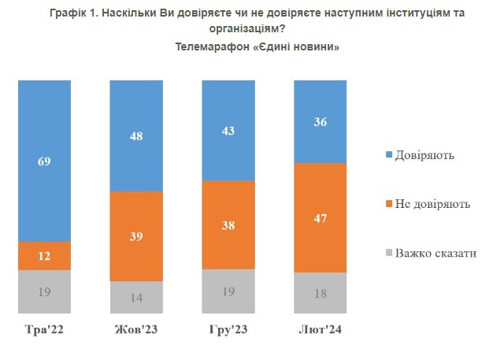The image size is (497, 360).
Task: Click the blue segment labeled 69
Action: (x=44, y=161)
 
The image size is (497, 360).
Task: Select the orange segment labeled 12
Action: (x=44, y=256)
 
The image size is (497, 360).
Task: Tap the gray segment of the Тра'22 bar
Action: (x=44, y=291)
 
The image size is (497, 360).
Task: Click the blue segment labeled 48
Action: (x=135, y=135)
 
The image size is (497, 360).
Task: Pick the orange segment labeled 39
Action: (x=135, y=236)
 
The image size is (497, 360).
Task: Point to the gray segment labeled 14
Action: (x=135, y=297)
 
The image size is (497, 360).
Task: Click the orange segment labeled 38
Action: (x=228, y=225)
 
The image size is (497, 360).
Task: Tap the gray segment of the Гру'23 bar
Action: (x=228, y=291)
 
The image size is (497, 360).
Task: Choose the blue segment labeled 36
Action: (x=320, y=121)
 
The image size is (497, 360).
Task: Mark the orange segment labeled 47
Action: (x=320, y=217)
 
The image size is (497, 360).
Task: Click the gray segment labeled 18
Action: (x=320, y=293)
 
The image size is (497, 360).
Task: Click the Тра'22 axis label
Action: (x=44, y=328)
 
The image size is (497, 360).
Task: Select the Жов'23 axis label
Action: (x=135, y=328)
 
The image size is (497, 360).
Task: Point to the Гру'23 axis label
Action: (x=228, y=328)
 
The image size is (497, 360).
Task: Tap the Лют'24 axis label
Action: (x=320, y=328)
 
